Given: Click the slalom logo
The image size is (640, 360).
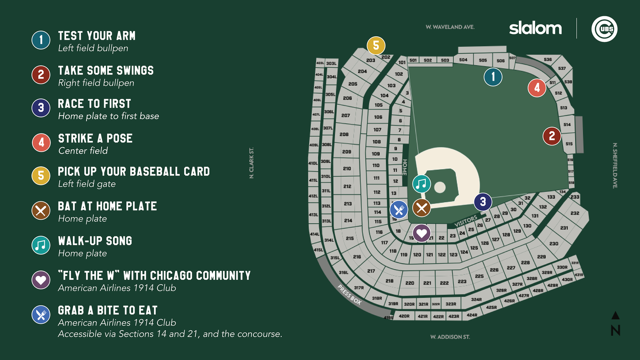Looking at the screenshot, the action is tap(535, 28).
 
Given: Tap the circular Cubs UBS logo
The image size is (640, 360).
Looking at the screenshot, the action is tap(604, 29).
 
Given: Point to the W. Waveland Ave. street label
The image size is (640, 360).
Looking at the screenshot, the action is tap(450, 27).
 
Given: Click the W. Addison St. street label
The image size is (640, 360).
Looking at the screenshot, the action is tap(450, 337).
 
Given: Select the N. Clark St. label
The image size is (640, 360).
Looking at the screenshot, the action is tap(251, 163).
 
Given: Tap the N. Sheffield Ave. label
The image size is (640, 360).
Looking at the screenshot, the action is tap(615, 165).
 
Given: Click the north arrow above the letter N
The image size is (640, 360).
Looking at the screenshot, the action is tap(615, 316).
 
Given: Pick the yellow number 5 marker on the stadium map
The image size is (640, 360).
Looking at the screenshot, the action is tap(376, 45).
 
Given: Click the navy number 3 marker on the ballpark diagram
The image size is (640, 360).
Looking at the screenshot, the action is tap(483, 202).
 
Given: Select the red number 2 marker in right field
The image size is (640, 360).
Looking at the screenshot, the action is tap(552, 136).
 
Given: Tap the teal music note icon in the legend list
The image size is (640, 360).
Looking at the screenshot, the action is tap(41, 245).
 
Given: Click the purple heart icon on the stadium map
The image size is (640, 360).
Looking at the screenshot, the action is tap(422, 233).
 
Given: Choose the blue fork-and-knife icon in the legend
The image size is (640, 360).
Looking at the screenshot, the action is tap(41, 315).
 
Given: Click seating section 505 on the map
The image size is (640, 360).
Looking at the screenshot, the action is tap(483, 61).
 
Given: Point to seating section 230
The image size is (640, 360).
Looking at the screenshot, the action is tap(554, 244).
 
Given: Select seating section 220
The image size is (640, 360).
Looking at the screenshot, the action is tap(410, 283).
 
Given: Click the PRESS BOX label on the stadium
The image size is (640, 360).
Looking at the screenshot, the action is tap(349, 295).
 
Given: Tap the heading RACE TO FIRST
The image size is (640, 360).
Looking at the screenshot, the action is tap(94, 104).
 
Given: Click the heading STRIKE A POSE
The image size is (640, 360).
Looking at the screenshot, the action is tap(95, 138).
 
